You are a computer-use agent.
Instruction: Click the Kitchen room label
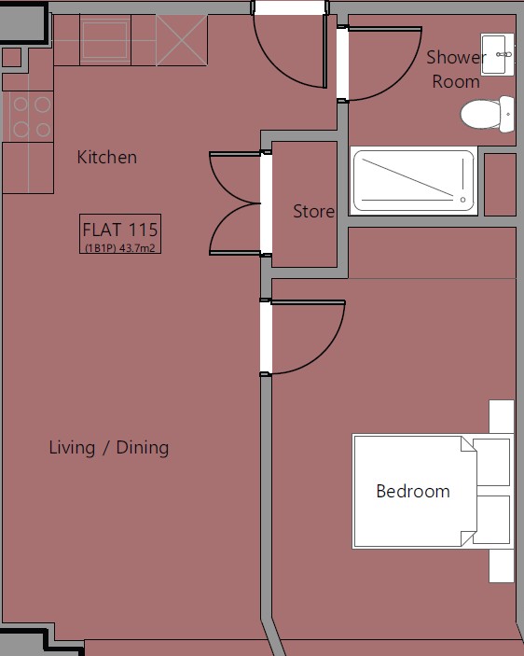[107, 158]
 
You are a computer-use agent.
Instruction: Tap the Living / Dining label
[109, 448]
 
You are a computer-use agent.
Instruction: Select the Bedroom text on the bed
[413, 491]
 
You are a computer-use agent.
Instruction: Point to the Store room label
[313, 211]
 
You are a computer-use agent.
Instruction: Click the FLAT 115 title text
[120, 230]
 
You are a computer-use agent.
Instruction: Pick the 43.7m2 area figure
[137, 248]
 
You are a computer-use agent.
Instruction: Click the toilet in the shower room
[488, 114]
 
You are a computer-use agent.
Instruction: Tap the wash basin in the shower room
[497, 54]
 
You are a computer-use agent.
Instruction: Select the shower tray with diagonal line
[414, 181]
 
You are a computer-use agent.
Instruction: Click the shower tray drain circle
[462, 200]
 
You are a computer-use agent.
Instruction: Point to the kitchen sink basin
[104, 40]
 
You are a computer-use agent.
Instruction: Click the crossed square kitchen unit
[182, 40]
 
